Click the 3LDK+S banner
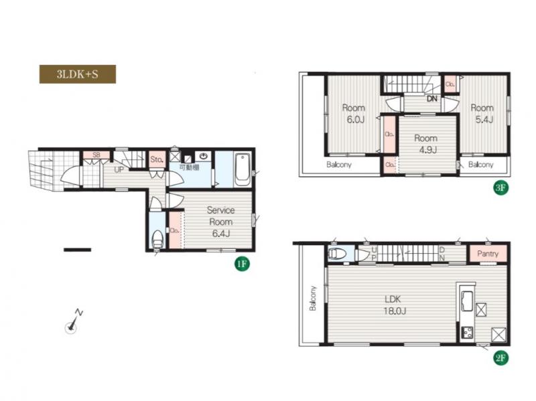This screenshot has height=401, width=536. click(78, 74)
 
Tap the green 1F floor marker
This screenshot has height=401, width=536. click(242, 264)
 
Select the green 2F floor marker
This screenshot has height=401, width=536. click(500, 358)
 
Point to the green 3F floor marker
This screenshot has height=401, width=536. click(500, 187)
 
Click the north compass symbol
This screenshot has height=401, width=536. click(72, 323)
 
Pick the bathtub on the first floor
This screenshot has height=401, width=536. click(243, 169)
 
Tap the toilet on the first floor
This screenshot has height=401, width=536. click(157, 239)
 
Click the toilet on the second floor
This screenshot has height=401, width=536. click(337, 254)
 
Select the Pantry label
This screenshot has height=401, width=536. click(488, 254)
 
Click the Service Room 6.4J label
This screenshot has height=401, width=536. click(221, 222)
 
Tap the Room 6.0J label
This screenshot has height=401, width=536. click(354, 114)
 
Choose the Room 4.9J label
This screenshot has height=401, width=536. click(426, 144)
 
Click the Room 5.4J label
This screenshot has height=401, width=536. click(482, 114)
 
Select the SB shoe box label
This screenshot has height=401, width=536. click(96, 155)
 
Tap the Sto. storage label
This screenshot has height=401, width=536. click(157, 159)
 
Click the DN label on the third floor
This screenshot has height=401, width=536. click(432, 99)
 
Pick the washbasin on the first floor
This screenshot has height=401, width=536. click(204, 157)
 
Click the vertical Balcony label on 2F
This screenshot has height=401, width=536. click(313, 299)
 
